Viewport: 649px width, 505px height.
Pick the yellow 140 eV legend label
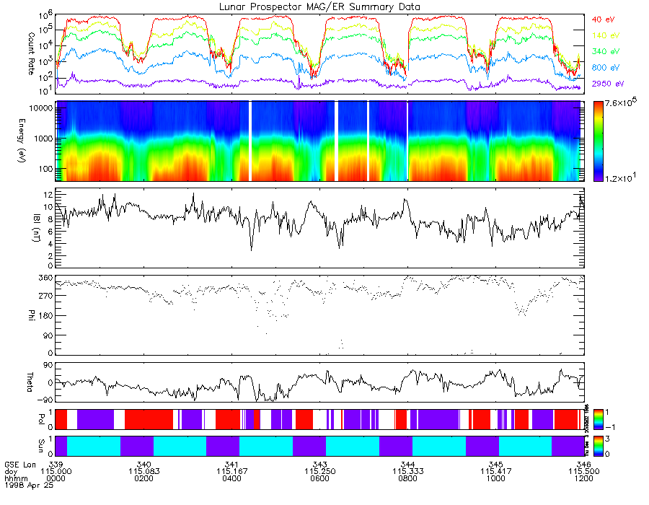click(605, 35)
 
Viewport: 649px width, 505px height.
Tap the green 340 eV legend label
click(605, 51)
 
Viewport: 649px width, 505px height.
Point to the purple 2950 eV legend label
click(607, 84)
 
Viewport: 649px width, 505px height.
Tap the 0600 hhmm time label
click(320, 478)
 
